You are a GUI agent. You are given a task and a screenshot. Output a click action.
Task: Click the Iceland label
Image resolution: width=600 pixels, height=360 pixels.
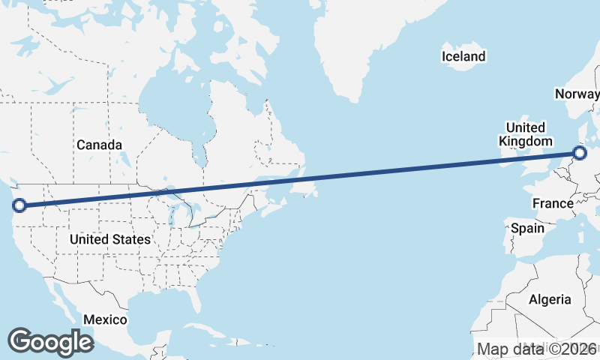point(463,56)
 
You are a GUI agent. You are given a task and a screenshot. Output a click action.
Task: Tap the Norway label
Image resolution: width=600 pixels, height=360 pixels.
point(577,94)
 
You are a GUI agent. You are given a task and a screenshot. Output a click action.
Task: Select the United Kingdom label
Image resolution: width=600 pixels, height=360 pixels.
point(525,133)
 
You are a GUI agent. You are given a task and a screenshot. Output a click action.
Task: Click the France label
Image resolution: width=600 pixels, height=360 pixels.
point(553,203)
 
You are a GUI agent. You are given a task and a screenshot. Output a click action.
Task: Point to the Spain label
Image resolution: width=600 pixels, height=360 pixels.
point(527,228)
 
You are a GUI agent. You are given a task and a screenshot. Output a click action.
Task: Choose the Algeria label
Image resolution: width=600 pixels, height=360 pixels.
point(550,299)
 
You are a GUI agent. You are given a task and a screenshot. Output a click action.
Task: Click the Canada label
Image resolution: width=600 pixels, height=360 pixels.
point(99,144)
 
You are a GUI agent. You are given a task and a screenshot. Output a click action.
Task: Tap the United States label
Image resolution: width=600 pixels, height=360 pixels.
point(109,239)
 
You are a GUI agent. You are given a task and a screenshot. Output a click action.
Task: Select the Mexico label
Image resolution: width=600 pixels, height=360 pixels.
point(105,319)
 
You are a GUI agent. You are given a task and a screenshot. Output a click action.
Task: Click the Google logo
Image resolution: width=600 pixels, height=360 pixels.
point(50,342)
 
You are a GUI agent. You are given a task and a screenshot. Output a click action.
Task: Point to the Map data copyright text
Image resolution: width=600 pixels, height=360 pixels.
point(536,349)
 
